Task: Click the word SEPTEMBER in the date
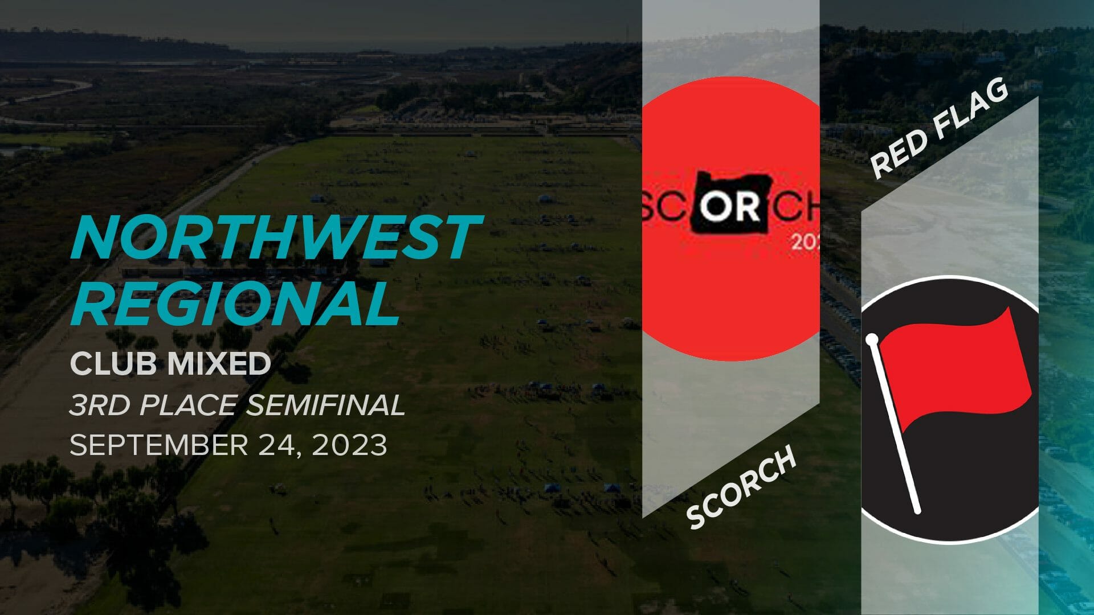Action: (x=158, y=445)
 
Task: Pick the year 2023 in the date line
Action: (x=349, y=445)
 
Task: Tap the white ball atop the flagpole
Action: (x=871, y=340)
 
